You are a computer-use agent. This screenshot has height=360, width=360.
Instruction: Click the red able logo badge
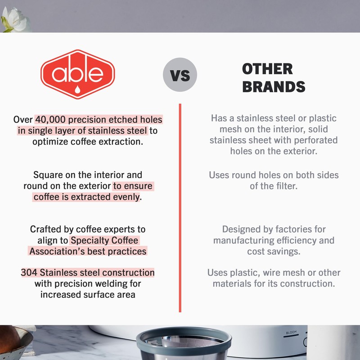[78, 74]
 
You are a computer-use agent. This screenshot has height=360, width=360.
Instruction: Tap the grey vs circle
[180, 75]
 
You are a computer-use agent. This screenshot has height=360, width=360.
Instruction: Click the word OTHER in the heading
[267, 69]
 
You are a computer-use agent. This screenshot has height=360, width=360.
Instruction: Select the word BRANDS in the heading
[274, 86]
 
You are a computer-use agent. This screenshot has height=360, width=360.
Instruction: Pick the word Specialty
[104, 240]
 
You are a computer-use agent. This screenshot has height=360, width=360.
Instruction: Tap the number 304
[28, 273]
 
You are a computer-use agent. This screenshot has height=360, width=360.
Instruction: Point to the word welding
[125, 283]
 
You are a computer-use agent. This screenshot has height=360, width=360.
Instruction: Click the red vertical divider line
[180, 207]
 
